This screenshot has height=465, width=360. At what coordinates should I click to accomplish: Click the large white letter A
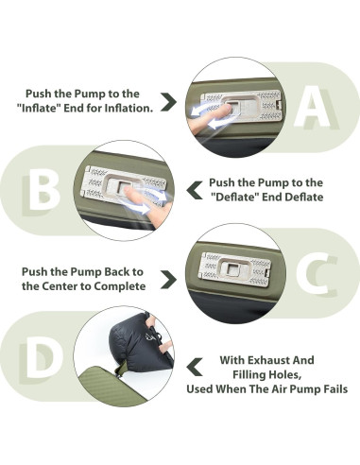point(312,107)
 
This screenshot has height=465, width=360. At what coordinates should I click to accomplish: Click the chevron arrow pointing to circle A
point(168,101)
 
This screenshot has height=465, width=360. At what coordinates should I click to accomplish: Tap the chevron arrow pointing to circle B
point(195,190)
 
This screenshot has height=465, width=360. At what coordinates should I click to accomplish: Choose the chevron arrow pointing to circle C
point(168,279)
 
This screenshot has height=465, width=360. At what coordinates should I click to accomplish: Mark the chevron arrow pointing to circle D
point(195,367)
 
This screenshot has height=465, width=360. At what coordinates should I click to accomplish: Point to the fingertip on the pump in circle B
point(129,190)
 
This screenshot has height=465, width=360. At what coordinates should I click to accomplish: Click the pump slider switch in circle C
point(234,269)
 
